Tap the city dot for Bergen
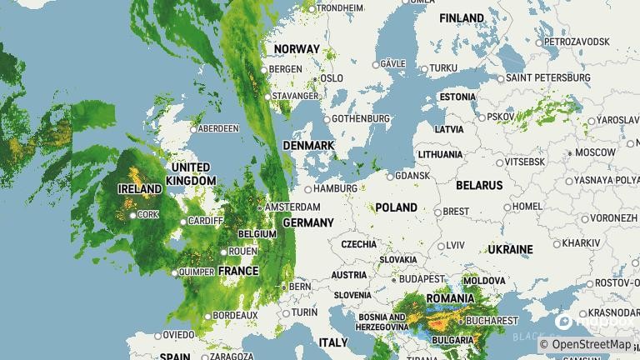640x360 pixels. (265, 70)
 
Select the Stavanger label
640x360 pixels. (297, 96)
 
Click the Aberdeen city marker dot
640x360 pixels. (193, 129)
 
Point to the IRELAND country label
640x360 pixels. (139, 189)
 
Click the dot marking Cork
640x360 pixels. (133, 215)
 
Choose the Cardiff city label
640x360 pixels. (207, 221)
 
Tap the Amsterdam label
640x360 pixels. (292, 207)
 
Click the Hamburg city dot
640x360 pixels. (307, 189)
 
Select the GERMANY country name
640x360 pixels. (308, 222)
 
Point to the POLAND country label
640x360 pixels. (396, 207)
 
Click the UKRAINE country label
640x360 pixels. (510, 249)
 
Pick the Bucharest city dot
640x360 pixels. (460, 320)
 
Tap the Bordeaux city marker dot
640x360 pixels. (207, 316)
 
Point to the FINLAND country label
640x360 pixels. (462, 17)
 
